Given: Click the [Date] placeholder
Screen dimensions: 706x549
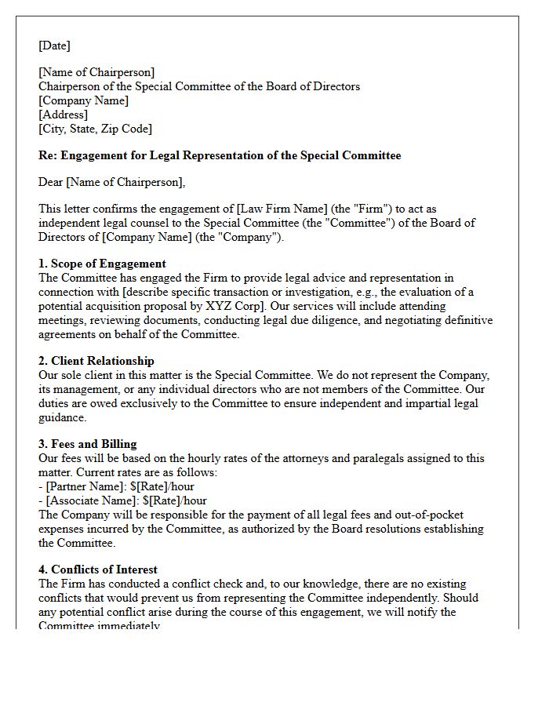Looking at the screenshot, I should tap(54, 46).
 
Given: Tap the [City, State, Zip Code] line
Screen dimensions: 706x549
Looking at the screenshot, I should tap(95, 129).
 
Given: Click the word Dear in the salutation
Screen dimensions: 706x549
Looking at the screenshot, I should tap(51, 183).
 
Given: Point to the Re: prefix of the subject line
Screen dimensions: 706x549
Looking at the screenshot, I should tap(48, 155).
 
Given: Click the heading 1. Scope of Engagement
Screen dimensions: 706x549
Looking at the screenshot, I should tap(102, 264).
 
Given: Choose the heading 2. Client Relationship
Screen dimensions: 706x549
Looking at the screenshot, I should tap(96, 361).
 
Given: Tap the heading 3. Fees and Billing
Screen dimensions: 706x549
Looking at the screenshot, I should tap(88, 444).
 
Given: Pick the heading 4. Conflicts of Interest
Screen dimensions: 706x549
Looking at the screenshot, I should tap(98, 570).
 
